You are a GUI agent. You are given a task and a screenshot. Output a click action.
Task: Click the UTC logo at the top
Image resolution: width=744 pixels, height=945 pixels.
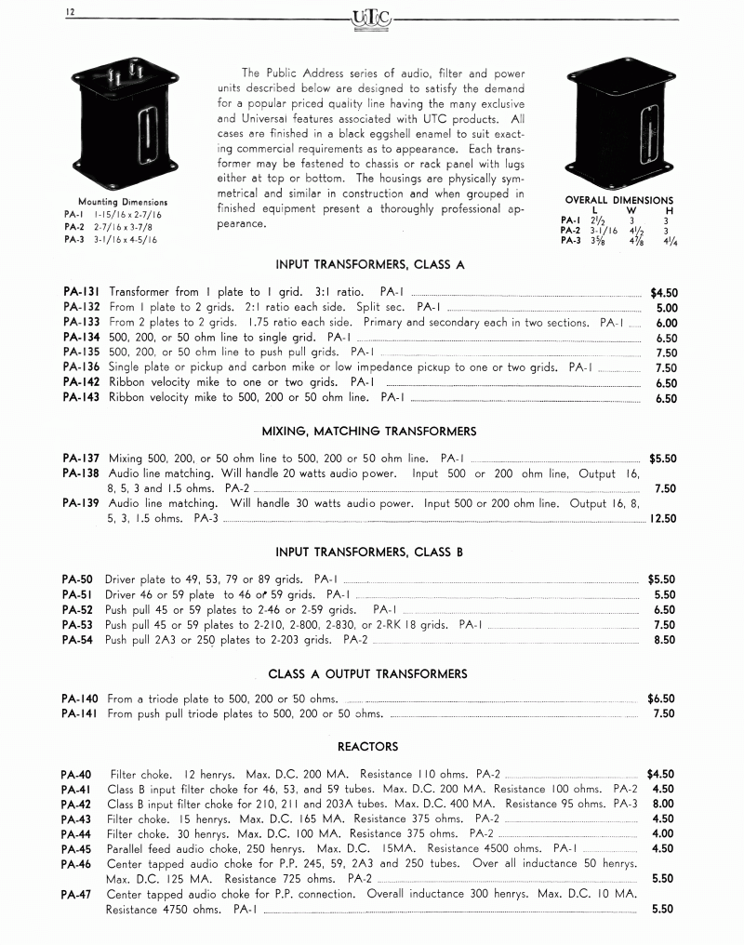[x=372, y=16]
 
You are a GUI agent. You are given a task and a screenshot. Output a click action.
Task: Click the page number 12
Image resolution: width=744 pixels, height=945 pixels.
[x=71, y=12]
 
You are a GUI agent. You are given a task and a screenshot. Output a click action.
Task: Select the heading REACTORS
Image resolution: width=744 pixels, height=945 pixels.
[x=367, y=746]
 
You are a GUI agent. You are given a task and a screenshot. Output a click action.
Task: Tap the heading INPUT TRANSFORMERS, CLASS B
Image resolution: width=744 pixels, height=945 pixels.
[x=369, y=552]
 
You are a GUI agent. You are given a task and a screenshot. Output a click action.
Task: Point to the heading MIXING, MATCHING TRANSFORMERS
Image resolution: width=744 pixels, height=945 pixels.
[x=369, y=431]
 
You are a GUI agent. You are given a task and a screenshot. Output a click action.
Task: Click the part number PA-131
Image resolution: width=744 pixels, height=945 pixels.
[x=83, y=292]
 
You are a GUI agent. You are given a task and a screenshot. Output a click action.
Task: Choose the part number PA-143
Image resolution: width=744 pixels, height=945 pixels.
[x=83, y=397]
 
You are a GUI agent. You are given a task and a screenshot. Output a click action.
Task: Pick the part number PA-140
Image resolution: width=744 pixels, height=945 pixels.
[x=83, y=698]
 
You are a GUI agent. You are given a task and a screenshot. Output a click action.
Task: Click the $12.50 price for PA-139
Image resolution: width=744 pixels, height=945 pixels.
[x=663, y=519]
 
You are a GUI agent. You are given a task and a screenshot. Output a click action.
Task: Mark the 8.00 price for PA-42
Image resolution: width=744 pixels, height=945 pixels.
[x=663, y=804]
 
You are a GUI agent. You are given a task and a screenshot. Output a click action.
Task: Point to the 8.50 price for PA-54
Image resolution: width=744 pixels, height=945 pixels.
[x=664, y=640]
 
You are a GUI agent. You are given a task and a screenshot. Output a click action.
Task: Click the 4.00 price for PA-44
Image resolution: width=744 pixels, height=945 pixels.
[x=663, y=833]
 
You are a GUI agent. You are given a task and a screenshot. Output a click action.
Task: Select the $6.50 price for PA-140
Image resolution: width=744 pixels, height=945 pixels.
[x=661, y=698]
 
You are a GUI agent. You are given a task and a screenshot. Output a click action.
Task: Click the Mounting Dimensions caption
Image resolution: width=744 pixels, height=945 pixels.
[x=123, y=202]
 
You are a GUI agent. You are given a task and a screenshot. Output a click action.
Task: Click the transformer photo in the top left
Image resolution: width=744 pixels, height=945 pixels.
[x=121, y=119]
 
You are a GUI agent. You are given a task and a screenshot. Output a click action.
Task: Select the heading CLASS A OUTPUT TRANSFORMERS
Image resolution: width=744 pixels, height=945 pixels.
[x=367, y=673]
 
